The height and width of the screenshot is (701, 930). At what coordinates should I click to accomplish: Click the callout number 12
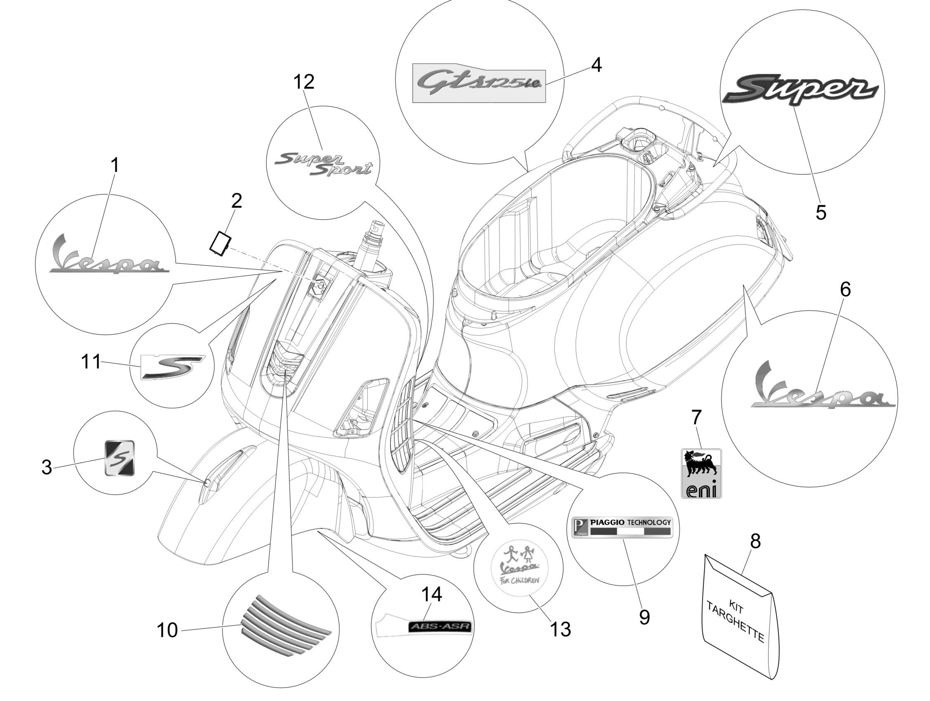click(303, 82)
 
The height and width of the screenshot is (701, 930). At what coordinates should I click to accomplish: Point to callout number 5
click(821, 212)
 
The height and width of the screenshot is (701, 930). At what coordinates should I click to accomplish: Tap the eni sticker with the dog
click(701, 474)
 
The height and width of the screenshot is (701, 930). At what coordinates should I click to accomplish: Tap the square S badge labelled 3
click(119, 457)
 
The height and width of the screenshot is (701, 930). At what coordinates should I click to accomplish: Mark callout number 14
click(431, 594)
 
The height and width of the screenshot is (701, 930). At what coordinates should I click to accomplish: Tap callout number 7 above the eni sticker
click(696, 417)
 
